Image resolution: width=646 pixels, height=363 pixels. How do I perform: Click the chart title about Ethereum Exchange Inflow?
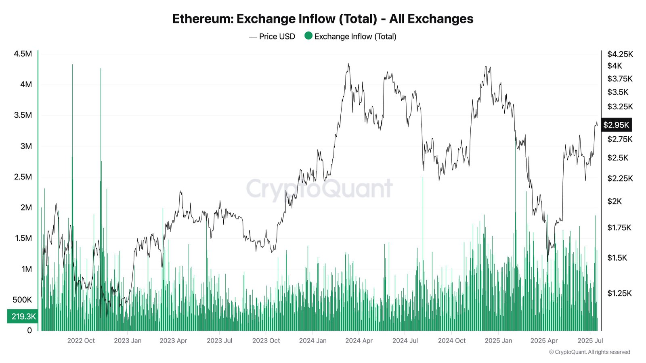click(323, 19)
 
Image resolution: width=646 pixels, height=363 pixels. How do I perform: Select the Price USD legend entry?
click(273, 36)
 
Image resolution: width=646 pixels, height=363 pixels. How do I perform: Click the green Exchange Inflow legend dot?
click(308, 36)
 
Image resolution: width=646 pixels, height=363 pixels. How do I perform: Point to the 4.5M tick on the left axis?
click(23, 54)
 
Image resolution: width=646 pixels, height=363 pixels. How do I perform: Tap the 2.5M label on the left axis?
click(23, 177)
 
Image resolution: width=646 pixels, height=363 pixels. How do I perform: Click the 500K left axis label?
click(22, 300)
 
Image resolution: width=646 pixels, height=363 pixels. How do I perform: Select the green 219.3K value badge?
click(23, 316)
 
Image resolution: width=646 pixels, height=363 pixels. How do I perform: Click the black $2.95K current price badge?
click(616, 125)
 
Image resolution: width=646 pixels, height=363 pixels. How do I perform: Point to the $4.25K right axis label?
click(620, 54)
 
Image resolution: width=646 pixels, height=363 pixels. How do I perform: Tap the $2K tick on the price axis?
click(615, 201)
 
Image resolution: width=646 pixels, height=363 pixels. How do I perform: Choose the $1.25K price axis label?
click(619, 293)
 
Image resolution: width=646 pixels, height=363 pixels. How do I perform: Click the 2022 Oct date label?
click(81, 341)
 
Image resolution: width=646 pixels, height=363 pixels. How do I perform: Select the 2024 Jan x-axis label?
click(313, 341)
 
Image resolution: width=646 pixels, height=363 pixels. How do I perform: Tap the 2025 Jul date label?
click(590, 341)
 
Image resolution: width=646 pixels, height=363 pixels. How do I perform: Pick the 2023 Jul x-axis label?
click(219, 341)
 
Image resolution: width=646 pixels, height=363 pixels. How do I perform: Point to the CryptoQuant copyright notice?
click(589, 352)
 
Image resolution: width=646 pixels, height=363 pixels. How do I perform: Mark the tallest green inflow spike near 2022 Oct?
click(72, 65)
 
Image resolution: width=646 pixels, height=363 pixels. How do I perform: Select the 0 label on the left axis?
click(29, 331)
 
